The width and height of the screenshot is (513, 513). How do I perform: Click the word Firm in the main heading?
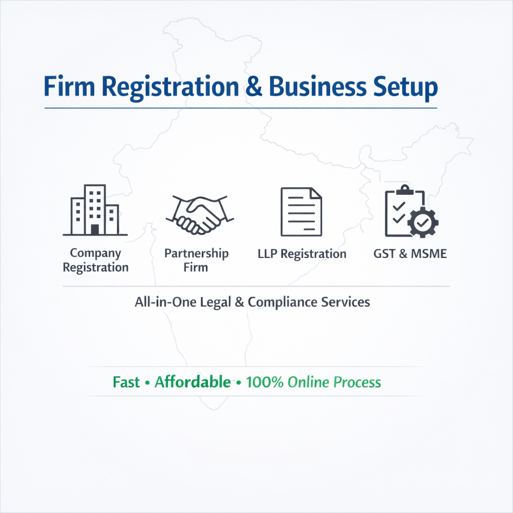coord(69,87)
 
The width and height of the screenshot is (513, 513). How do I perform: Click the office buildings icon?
coord(95,210)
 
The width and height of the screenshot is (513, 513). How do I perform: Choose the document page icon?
coord(301,211)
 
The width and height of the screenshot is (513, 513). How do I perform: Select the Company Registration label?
coord(95,261)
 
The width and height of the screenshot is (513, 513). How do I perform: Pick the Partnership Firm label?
coord(196,260)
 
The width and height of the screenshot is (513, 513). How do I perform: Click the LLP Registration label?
coord(302,254)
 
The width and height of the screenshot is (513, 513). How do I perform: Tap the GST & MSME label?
coord(410,253)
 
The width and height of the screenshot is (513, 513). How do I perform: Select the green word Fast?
coord(126,382)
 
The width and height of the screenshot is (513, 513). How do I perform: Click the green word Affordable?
coord(193,382)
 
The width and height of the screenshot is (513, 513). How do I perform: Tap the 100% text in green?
coord(265,382)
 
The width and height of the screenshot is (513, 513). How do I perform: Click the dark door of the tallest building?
coord(95,230)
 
